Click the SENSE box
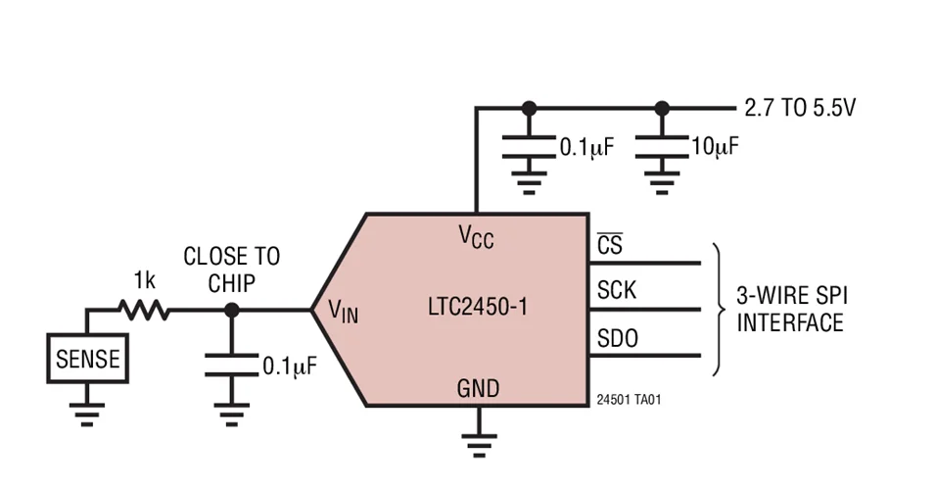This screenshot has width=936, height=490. (x=87, y=359)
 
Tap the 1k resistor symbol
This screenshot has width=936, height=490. (x=143, y=312)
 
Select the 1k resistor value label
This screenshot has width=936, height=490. (x=144, y=282)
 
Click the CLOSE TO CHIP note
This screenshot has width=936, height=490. (x=231, y=269)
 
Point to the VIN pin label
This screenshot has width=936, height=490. (x=343, y=312)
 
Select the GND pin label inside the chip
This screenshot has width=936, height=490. (x=478, y=388)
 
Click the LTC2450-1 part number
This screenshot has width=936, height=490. (x=478, y=307)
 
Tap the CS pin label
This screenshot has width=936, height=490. (x=609, y=245)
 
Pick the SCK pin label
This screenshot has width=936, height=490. (x=616, y=291)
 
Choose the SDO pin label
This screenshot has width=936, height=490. (x=617, y=339)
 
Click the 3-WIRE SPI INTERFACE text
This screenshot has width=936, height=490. (x=790, y=309)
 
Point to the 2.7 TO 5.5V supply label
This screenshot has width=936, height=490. (x=800, y=108)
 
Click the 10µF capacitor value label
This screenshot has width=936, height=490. (x=715, y=147)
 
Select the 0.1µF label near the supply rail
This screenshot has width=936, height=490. (x=586, y=148)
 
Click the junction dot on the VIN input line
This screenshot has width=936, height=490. (x=231, y=312)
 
